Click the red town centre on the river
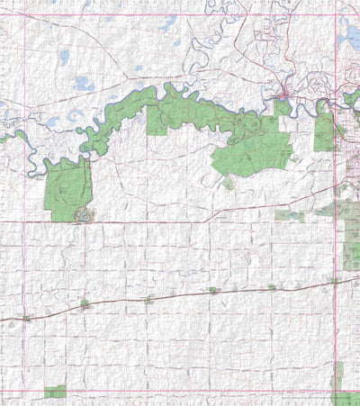point(283,94)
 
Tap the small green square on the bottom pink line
point(56,392)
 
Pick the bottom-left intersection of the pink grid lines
point(23,392)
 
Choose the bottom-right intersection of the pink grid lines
point(337,392)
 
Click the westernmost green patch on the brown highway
point(27,318)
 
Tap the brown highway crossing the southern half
point(180,295)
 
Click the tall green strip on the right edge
point(352,239)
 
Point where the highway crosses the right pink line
point(337,280)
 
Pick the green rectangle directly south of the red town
point(283,108)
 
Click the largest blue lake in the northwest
point(84,84)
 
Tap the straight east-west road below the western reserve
point(180,221)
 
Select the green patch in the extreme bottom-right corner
point(346,396)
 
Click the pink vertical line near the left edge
point(23,270)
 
